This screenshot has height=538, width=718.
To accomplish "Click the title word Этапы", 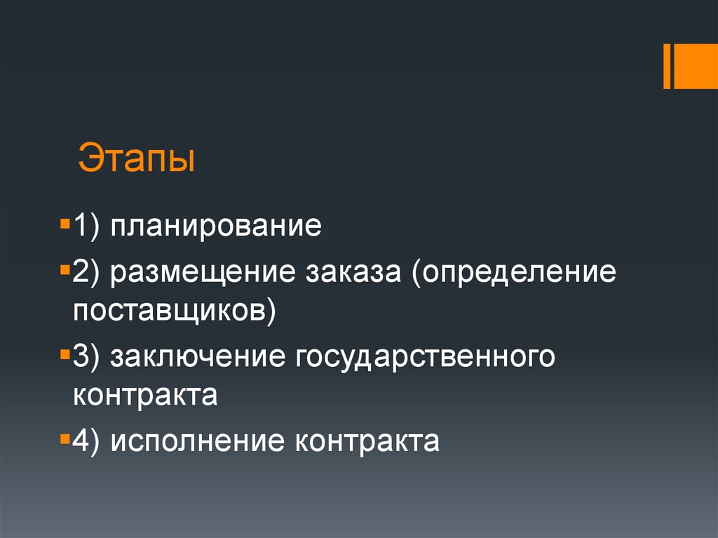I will click(x=137, y=159).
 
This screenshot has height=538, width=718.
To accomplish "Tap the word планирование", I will click(x=215, y=227).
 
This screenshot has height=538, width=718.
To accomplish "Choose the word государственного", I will click(x=425, y=356).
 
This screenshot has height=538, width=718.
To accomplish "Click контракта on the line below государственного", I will click(x=145, y=395).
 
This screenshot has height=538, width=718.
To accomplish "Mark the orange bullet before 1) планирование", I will click(x=65, y=226).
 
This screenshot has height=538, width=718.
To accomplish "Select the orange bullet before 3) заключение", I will click(x=65, y=355).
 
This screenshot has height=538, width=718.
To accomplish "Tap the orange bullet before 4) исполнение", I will click(x=65, y=441).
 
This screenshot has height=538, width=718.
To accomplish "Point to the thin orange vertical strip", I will click(x=667, y=67).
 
